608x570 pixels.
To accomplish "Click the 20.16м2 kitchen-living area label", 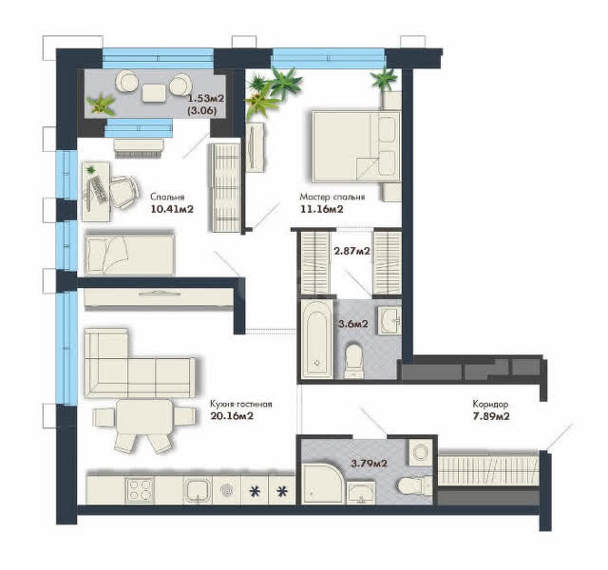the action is pyautogui.click(x=232, y=416).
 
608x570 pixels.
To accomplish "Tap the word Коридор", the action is pyautogui.click(x=490, y=404).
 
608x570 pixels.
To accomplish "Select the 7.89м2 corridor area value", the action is pyautogui.click(x=491, y=416).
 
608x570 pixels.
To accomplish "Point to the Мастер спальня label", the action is pyautogui.click(x=332, y=197).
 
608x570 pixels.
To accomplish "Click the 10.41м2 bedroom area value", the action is pyautogui.click(x=172, y=209).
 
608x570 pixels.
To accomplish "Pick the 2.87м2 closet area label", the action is pyautogui.click(x=351, y=251).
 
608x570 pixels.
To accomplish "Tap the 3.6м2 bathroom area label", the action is pyautogui.click(x=352, y=323).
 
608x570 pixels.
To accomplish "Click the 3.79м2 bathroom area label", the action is pyautogui.click(x=369, y=463).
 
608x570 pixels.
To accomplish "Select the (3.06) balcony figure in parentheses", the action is pyautogui.click(x=201, y=110).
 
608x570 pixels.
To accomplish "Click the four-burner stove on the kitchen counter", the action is pyautogui.click(x=140, y=490).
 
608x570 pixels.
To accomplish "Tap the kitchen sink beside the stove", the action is pyautogui.click(x=198, y=490).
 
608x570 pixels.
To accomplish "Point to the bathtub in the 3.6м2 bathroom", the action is pyautogui.click(x=316, y=339).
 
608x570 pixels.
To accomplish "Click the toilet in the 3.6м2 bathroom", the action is pyautogui.click(x=354, y=361).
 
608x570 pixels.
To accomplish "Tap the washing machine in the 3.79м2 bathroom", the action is pyautogui.click(x=420, y=452).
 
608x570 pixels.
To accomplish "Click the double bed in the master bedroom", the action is pyautogui.click(x=356, y=146).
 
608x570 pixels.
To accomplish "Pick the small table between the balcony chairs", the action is pyautogui.click(x=154, y=93).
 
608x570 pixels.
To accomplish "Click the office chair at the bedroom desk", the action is pyautogui.click(x=124, y=192).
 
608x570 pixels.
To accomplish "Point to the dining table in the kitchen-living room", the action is pyautogui.click(x=144, y=417).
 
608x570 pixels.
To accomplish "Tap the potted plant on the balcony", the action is pyautogui.click(x=101, y=104).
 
